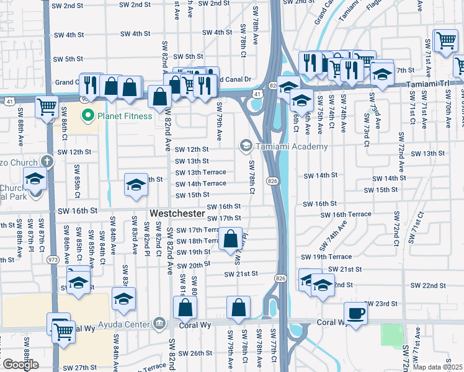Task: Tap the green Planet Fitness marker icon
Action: tap(87, 115)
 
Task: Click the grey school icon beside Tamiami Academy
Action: tap(246, 146)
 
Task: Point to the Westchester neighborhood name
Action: tap(177, 213)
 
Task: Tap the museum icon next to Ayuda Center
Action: tap(159, 324)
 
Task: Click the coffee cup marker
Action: tap(355, 313)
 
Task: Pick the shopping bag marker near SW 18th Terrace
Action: tap(231, 239)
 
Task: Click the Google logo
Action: tap(20, 365)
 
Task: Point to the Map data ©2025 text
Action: tap(437, 367)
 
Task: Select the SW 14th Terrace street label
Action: tap(201, 184)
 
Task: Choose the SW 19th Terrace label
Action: tap(326, 257)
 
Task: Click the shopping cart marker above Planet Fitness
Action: tap(47, 106)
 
